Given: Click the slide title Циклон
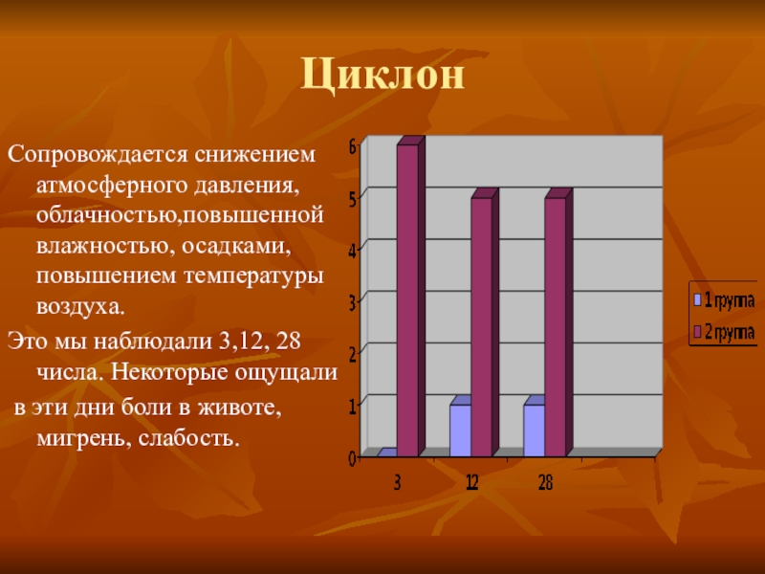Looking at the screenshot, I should click(382, 75).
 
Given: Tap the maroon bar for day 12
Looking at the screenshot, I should click(482, 325).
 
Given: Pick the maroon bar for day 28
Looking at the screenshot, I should click(556, 325).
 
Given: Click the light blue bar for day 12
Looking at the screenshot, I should click(460, 430).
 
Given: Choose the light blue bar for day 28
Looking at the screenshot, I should click(534, 430).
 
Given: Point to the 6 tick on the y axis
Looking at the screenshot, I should click(352, 145).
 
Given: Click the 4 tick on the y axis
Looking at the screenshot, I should click(352, 251).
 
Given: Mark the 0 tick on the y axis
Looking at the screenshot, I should click(352, 458).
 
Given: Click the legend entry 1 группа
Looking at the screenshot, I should click(724, 300).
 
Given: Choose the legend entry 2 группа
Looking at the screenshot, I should click(724, 332).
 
